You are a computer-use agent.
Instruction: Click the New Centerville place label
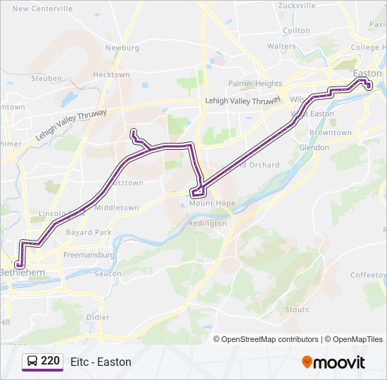coord(42,9)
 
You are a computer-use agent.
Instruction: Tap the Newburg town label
coord(122,48)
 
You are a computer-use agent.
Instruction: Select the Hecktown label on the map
coord(111,75)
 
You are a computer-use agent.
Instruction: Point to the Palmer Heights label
coord(255,84)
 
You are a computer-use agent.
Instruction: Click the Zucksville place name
coord(297,6)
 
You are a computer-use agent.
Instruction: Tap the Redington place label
coord(208,223)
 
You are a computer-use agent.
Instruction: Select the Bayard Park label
coord(89,232)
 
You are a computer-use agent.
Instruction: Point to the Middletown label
coord(116,208)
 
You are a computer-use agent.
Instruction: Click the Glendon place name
coord(314,148)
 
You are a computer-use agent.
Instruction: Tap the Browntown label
coord(331,132)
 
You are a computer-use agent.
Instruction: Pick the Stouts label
coord(297,310)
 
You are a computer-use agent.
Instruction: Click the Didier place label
coord(97,317)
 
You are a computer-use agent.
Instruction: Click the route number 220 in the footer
coord(50,361)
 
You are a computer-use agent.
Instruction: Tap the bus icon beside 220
coord(32,362)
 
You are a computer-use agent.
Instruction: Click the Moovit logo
coord(334,362)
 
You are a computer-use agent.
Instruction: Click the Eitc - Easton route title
coord(101,362)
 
